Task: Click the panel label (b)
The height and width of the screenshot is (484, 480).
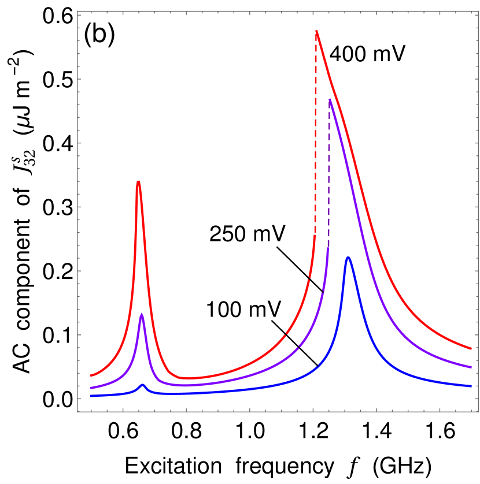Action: (x=100, y=36)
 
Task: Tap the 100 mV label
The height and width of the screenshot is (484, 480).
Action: (x=244, y=309)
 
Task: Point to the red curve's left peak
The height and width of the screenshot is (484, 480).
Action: (x=138, y=182)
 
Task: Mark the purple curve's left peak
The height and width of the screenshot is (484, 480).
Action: (x=142, y=315)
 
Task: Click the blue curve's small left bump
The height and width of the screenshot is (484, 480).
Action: (x=143, y=384)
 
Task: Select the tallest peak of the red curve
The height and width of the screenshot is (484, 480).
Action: (x=316, y=31)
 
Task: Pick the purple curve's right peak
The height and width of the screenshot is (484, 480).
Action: (x=330, y=99)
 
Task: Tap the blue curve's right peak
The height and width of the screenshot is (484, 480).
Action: (x=348, y=257)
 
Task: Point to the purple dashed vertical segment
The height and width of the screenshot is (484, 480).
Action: (x=329, y=173)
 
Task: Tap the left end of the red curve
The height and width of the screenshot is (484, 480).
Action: (x=91, y=375)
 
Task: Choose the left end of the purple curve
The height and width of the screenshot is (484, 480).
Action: (x=91, y=388)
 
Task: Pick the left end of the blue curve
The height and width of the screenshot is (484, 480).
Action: (x=91, y=396)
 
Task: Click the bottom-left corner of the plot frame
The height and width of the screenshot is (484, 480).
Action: (x=78, y=412)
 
